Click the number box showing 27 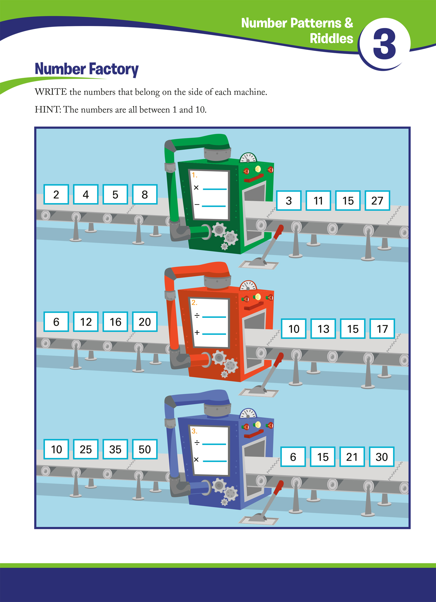click(377, 201)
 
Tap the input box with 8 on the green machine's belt click(145, 195)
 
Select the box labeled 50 click(145, 449)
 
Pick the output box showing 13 click(323, 329)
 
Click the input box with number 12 click(86, 322)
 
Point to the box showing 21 click(352, 457)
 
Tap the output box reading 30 click(381, 457)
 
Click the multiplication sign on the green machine click(196, 188)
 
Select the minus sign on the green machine click(197, 205)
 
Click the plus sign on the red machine click(197, 333)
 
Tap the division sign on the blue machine click(197, 443)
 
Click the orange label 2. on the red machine click(194, 303)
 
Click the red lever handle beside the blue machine click(279, 487)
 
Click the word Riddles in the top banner click(331, 38)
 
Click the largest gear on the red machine click(219, 357)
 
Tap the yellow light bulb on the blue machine click(257, 425)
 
